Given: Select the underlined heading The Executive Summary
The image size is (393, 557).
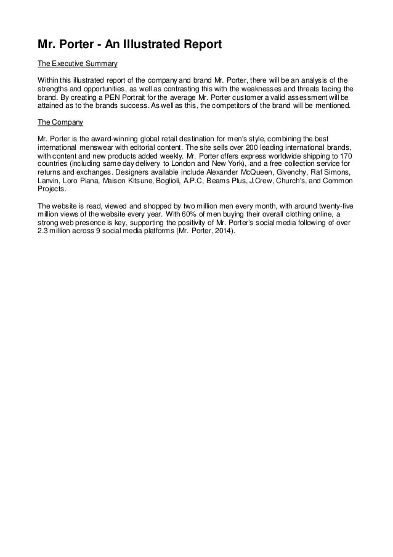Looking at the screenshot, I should click(78, 64).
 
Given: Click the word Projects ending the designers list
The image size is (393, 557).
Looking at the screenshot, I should click(51, 191).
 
